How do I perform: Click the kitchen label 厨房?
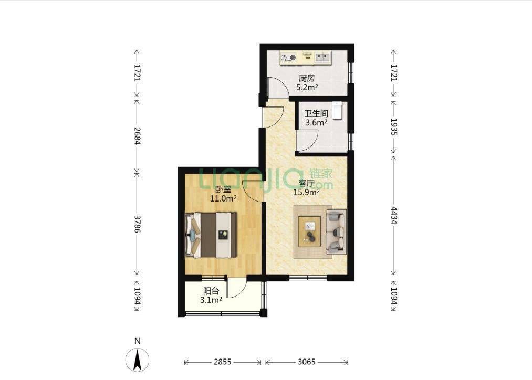[x=307, y=78]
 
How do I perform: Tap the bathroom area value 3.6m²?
[x=316, y=122]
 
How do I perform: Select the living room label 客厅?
[x=306, y=183]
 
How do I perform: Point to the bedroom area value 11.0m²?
[x=223, y=198]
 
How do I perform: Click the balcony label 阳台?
[x=211, y=291]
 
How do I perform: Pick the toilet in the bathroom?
[x=337, y=111]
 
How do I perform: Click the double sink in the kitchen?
[x=322, y=57]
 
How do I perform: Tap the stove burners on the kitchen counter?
[x=288, y=58]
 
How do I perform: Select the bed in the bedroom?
[x=211, y=235]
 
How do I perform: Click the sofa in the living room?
[x=336, y=232]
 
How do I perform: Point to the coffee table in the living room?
[x=309, y=231]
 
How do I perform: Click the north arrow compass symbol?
[x=138, y=360]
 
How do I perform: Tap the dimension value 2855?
[x=223, y=362]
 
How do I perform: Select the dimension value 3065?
[x=307, y=362]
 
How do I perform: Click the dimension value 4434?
[x=393, y=215]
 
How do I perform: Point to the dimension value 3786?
[x=137, y=224]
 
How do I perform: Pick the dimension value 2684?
[x=137, y=135]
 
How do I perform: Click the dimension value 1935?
[x=393, y=127]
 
